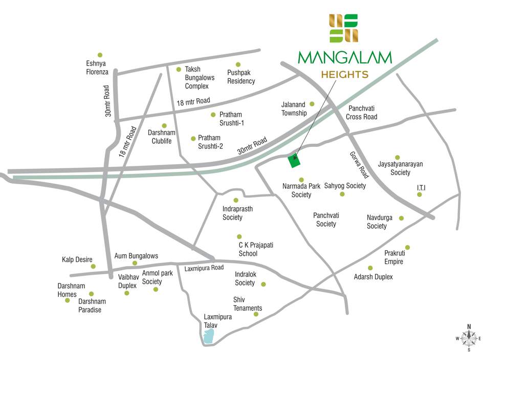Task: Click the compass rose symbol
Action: coord(469,338)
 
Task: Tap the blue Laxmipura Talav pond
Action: coord(208,336)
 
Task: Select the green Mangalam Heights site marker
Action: coord(294,161)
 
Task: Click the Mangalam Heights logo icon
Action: coord(344,28)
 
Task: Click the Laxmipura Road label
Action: coord(204,268)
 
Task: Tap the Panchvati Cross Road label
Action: coord(362,113)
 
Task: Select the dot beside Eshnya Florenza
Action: coord(100,55)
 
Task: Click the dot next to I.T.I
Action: coord(420,194)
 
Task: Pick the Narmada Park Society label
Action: coord(301,190)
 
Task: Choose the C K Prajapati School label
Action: coord(256,249)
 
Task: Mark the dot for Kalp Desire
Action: coord(93,266)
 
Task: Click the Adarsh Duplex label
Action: coord(374,277)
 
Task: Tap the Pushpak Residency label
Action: coord(241,77)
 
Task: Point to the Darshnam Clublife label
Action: coord(162,137)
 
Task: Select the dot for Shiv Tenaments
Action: coord(256,314)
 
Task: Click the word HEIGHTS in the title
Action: coord(344,75)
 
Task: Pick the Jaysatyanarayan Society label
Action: coord(401,168)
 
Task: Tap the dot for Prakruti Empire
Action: coord(407,247)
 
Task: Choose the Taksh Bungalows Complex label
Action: coord(200,77)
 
